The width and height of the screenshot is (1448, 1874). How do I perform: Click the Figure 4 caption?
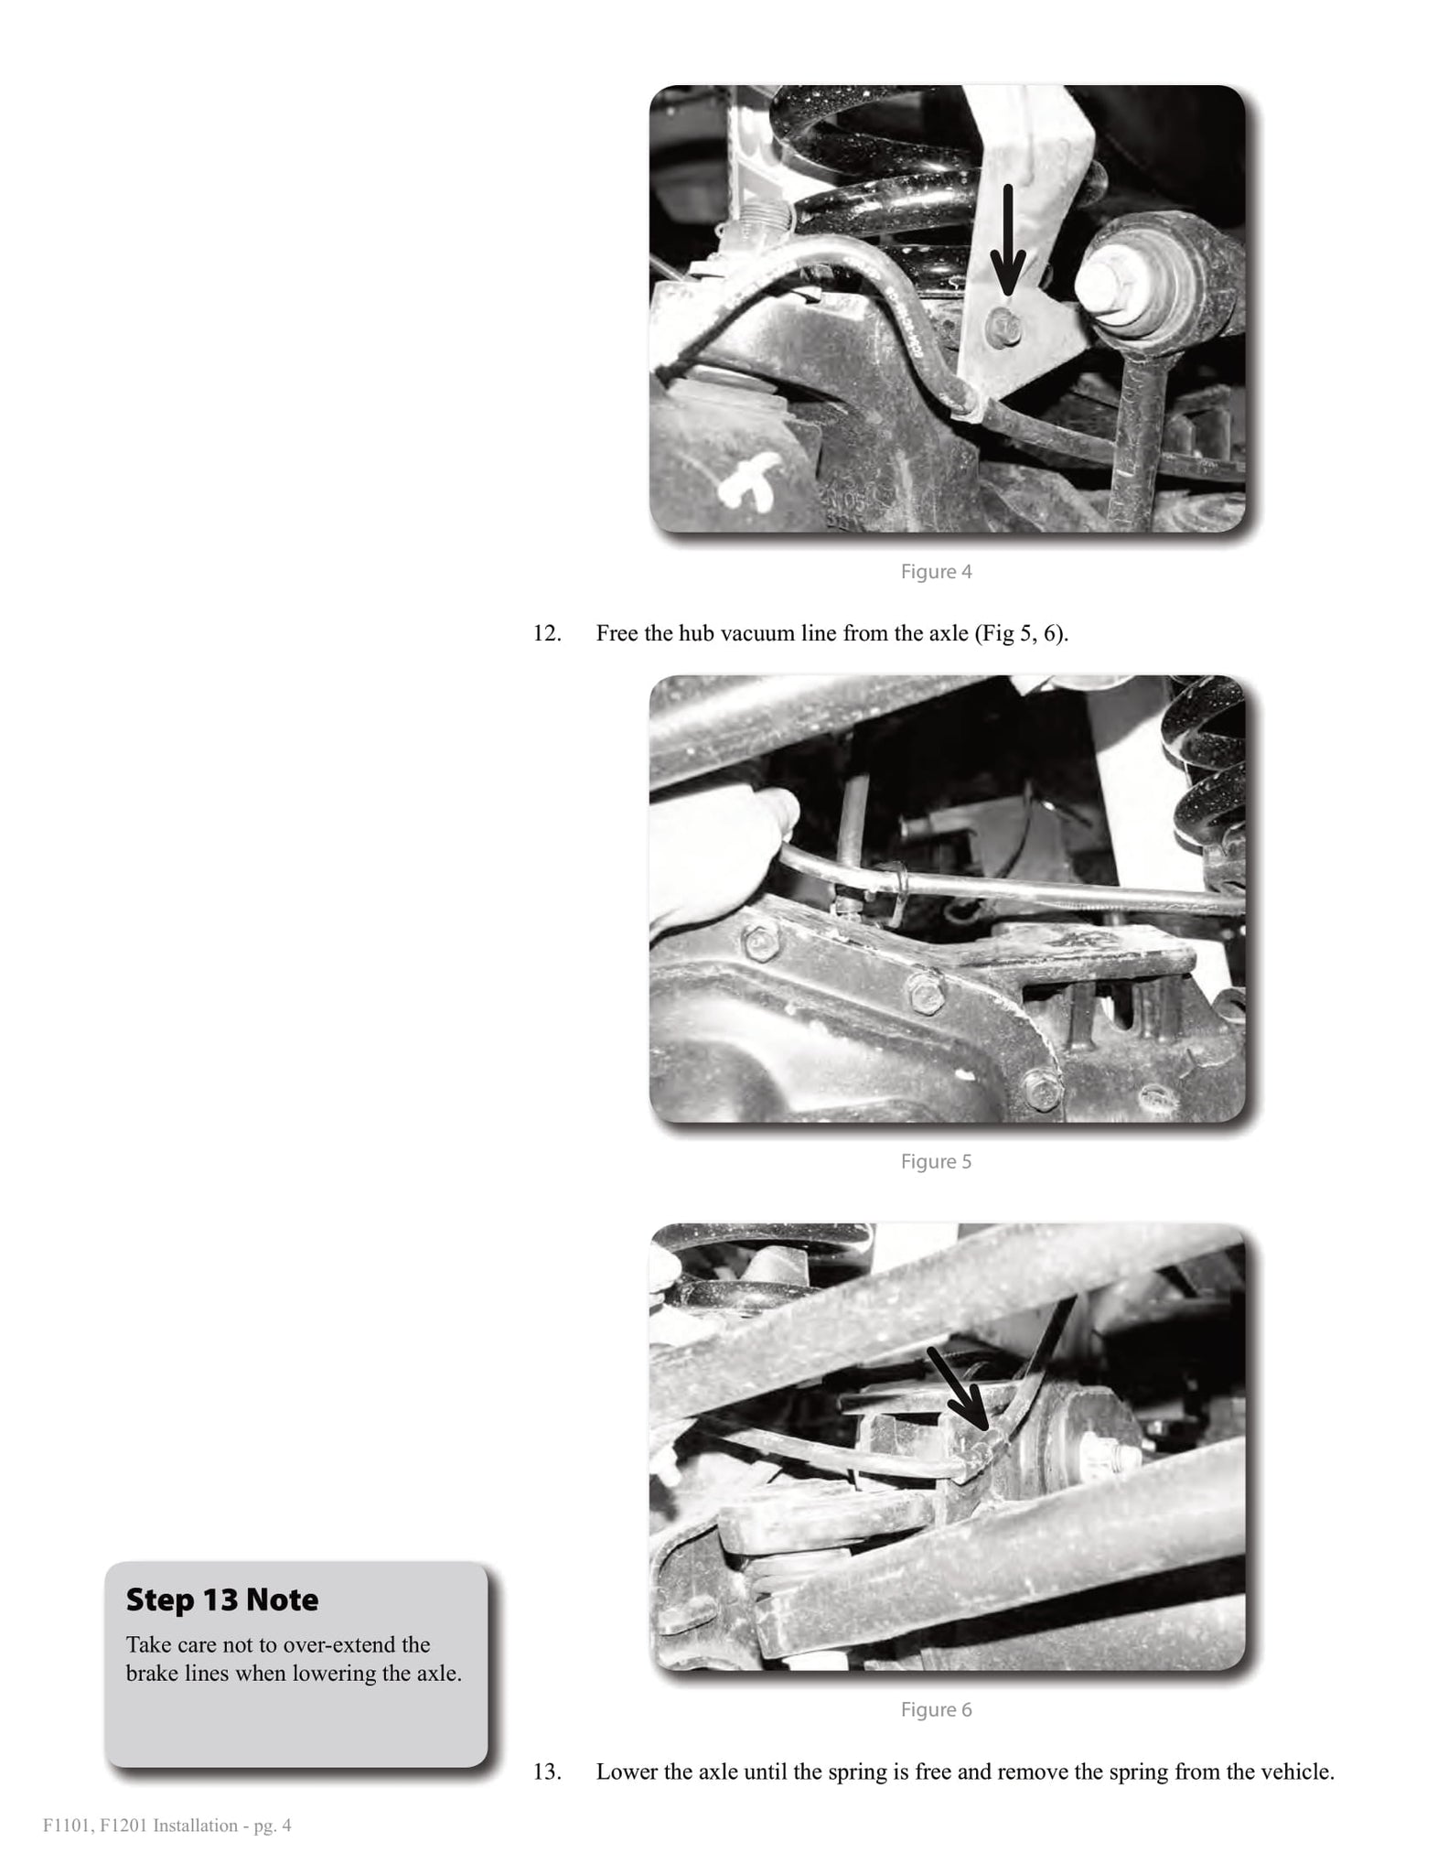point(936,572)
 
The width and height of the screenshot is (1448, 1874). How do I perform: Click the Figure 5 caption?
point(936,1162)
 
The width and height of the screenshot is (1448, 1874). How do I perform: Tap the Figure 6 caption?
point(936,1710)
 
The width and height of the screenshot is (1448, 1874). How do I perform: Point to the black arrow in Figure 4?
point(1008,240)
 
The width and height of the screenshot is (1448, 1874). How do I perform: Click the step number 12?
point(547,633)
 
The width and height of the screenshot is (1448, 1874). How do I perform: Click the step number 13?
point(547,1772)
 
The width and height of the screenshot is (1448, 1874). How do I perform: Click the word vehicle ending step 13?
point(1301,1772)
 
